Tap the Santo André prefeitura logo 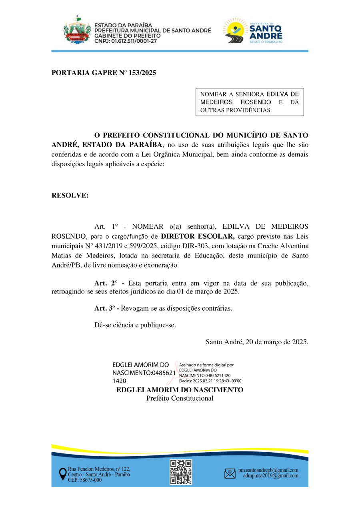253,30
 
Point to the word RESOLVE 70,196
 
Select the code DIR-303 225,246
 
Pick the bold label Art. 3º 107,308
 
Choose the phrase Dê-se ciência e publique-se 135,325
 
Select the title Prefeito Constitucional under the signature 180,398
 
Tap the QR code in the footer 180,472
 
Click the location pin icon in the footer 62,474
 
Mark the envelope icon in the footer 230,473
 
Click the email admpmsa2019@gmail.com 270,476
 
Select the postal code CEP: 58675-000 85,480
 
